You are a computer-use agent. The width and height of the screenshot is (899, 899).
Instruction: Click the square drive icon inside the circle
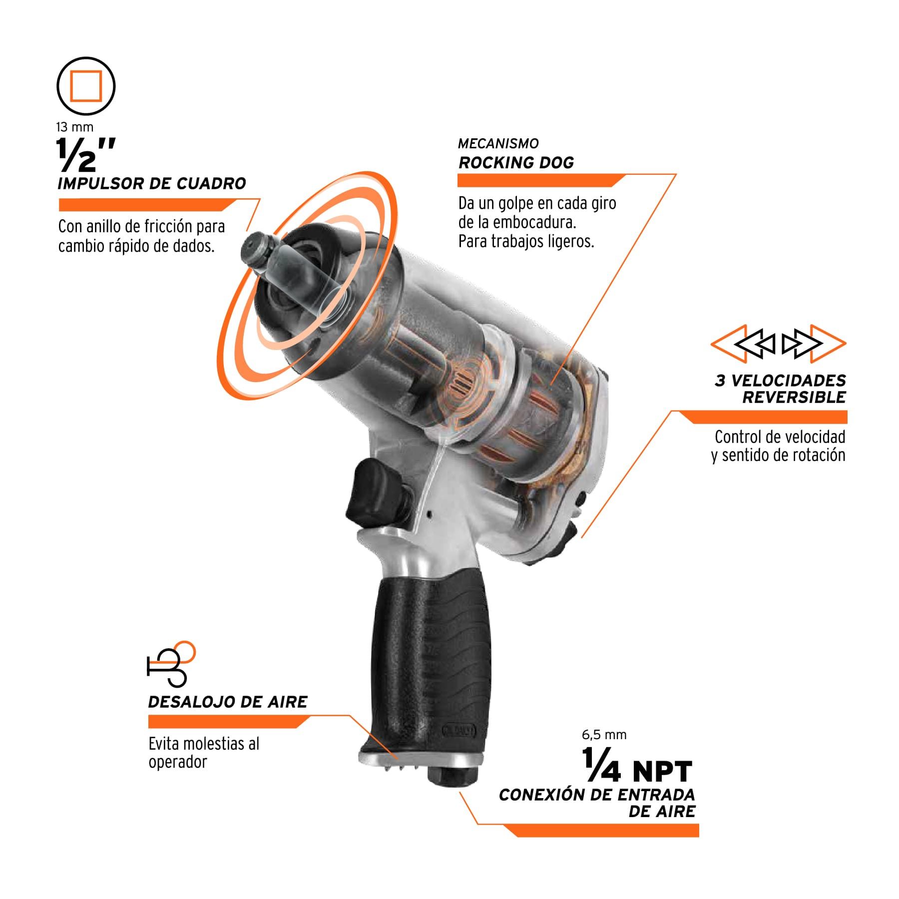coord(86,86)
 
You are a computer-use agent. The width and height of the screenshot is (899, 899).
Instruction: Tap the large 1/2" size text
coord(85,155)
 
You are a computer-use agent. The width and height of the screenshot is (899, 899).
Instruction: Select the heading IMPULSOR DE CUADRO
coord(152,183)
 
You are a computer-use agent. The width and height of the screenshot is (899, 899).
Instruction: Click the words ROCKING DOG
coord(516,163)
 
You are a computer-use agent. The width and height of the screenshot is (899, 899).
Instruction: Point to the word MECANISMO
coord(498,144)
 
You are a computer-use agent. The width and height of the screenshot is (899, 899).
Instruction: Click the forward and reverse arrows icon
coord(778,344)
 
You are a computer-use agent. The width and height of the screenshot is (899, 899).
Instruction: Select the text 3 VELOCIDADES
coord(780,381)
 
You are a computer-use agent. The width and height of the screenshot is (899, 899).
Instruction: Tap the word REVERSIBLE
coord(794,398)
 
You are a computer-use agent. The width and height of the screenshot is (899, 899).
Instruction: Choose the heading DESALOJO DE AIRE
coord(228,702)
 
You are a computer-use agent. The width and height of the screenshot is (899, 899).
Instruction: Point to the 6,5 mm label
coord(604,735)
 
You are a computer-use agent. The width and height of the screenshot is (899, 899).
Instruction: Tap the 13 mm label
coord(75,127)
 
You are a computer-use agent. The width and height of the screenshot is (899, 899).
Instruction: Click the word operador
coord(177,763)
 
